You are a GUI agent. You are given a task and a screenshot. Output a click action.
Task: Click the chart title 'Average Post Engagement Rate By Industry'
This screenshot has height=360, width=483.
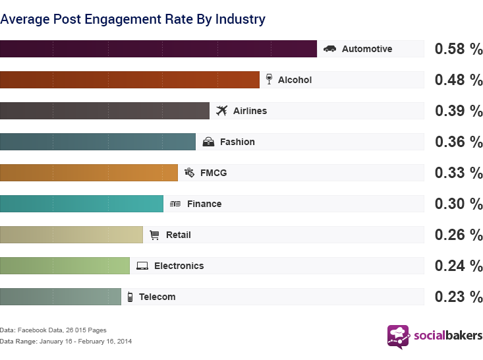132,19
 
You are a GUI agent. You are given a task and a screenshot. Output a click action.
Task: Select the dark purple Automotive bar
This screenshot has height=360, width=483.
158,49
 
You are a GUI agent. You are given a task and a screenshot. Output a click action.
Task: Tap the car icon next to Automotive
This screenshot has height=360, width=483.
329,49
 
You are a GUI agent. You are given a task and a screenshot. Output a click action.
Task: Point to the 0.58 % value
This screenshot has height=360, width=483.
459,49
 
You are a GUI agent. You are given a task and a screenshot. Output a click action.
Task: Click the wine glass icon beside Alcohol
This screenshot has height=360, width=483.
268,80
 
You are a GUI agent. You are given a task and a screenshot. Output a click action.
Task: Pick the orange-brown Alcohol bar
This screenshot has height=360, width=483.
130,80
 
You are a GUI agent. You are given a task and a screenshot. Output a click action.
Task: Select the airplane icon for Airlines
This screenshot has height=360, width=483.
221,111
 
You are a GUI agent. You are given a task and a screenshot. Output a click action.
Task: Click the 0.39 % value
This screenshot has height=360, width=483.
459,111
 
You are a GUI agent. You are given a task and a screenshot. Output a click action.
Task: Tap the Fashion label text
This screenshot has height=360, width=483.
237,142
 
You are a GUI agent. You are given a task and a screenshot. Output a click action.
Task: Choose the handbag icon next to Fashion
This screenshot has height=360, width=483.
208,142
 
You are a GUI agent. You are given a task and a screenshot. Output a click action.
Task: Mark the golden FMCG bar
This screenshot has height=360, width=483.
89,173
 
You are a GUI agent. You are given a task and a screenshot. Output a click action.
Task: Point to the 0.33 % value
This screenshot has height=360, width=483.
459,173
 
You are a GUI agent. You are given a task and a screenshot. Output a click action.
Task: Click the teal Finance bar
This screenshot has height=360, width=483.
82,204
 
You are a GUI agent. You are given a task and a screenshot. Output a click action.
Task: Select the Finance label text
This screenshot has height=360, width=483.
204,204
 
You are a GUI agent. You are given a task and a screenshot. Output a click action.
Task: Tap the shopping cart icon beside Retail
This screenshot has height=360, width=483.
155,235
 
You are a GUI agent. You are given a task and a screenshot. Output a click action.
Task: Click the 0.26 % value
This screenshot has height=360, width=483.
459,235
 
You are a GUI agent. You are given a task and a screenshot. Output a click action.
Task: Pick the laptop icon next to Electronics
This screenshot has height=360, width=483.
142,266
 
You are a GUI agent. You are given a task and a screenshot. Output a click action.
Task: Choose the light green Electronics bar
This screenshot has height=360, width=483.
65,266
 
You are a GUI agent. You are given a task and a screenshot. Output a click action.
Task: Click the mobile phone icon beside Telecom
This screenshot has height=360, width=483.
130,297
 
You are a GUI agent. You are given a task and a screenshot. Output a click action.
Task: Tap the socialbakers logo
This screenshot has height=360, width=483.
434,336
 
